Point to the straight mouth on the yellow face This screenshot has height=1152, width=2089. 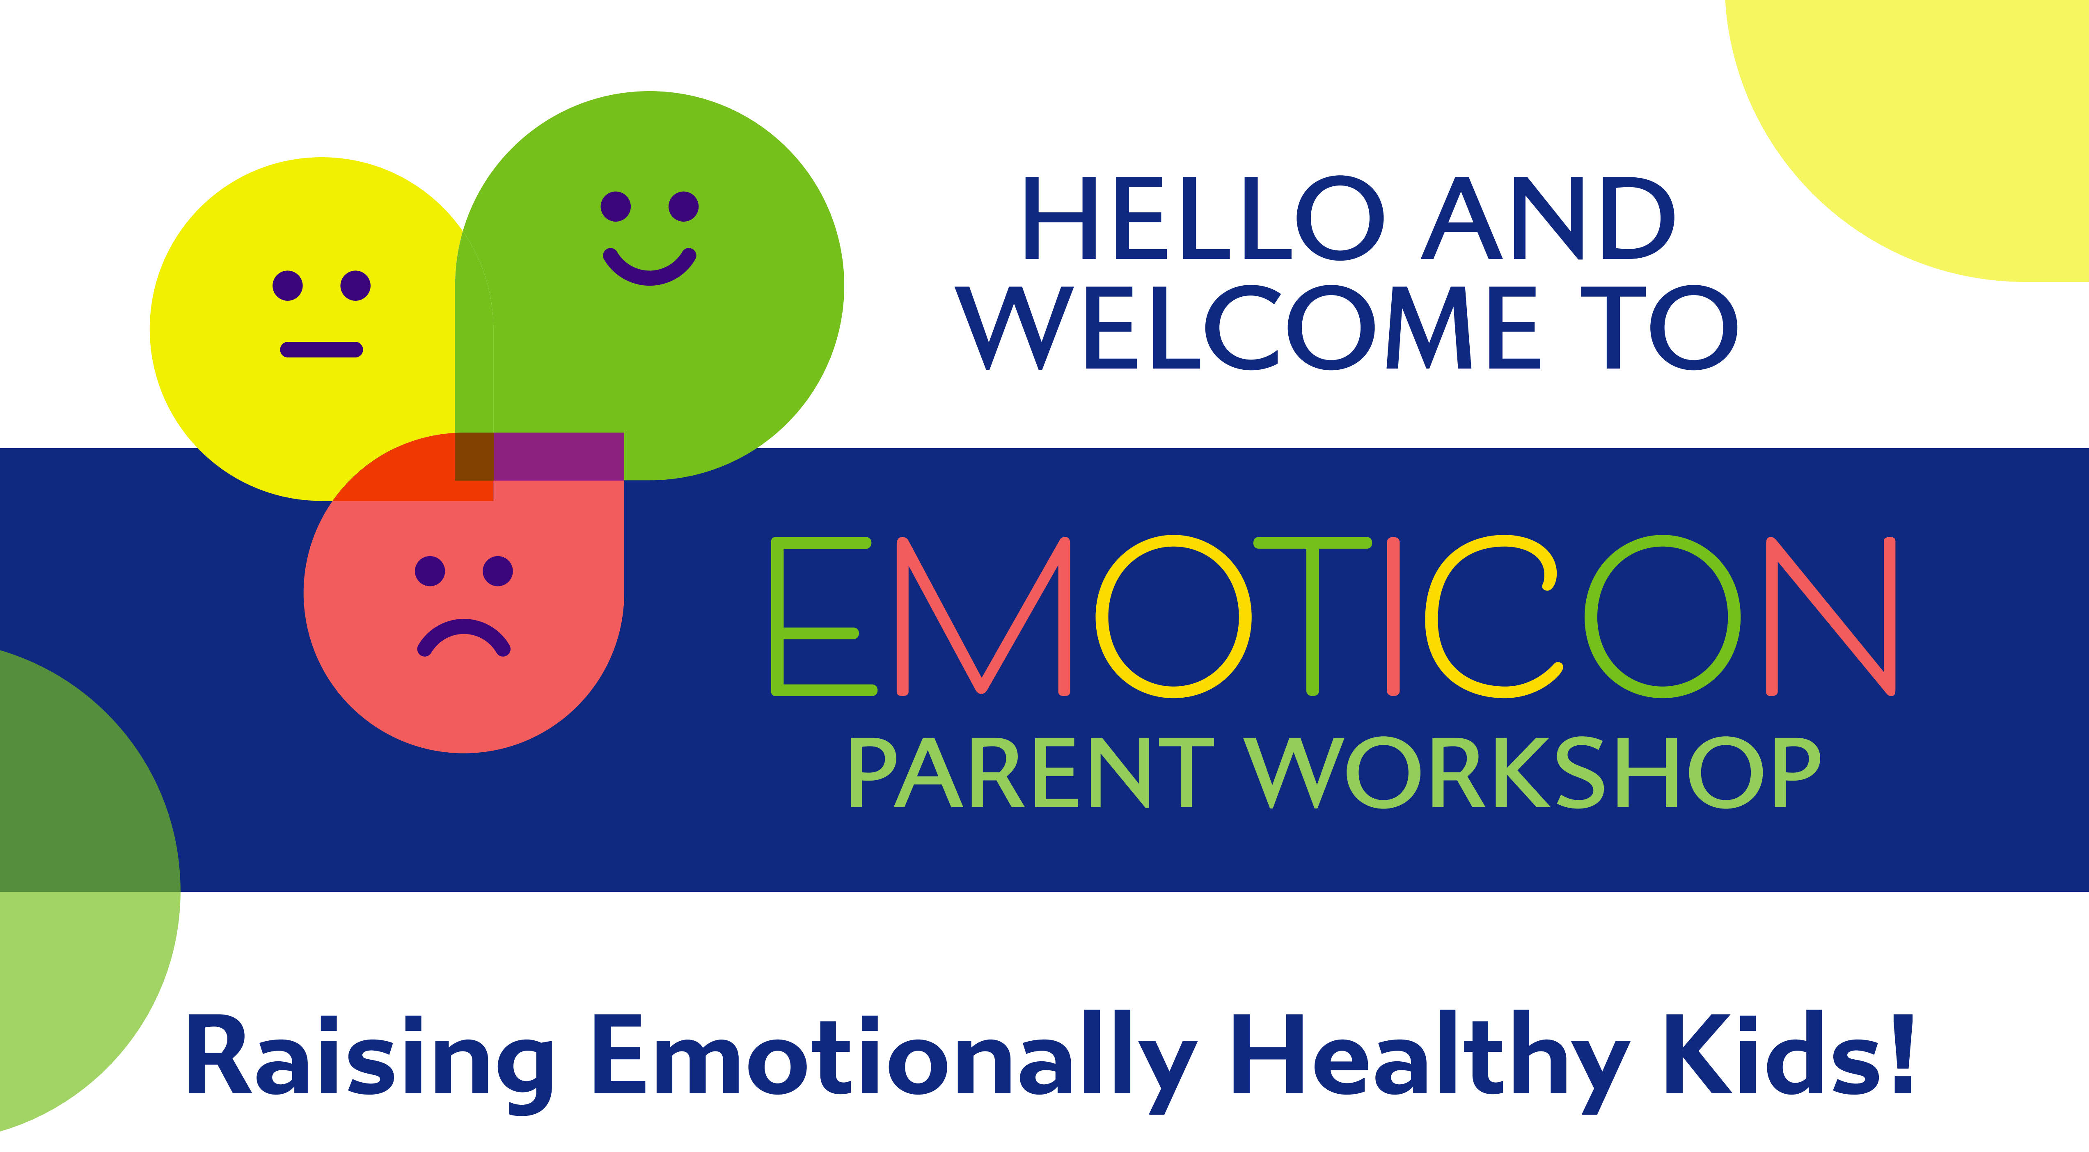[321, 349]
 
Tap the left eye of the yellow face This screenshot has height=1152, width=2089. [288, 285]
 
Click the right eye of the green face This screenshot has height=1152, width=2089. [684, 206]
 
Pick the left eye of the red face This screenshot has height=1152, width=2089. [430, 571]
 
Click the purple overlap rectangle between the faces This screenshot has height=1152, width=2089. [559, 456]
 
